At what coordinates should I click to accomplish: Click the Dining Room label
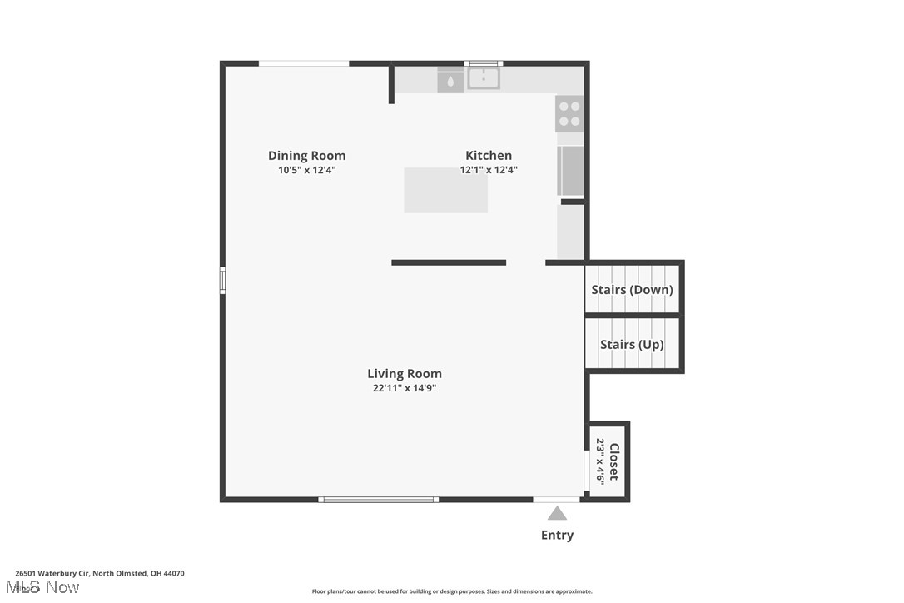(306, 156)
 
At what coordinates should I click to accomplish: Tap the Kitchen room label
(489, 156)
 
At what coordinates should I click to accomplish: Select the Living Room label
(405, 374)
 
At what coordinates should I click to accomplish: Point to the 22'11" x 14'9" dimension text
(405, 387)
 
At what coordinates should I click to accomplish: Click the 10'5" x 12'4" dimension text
(306, 170)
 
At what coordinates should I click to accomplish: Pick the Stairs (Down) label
(632, 290)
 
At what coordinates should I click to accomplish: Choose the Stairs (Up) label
(632, 344)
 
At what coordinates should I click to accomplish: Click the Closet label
(614, 461)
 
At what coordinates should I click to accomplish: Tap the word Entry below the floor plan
(557, 536)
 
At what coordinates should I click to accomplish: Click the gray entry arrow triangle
(557, 514)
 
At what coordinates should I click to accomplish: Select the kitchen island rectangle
(445, 190)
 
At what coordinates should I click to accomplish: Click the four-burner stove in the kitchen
(569, 113)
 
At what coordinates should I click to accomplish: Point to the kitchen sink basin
(483, 78)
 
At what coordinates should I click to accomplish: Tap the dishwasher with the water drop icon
(450, 80)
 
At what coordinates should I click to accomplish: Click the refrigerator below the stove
(570, 170)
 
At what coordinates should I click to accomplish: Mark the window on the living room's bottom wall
(379, 500)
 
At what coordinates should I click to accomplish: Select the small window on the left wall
(222, 280)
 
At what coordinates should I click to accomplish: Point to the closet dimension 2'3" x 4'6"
(599, 461)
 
